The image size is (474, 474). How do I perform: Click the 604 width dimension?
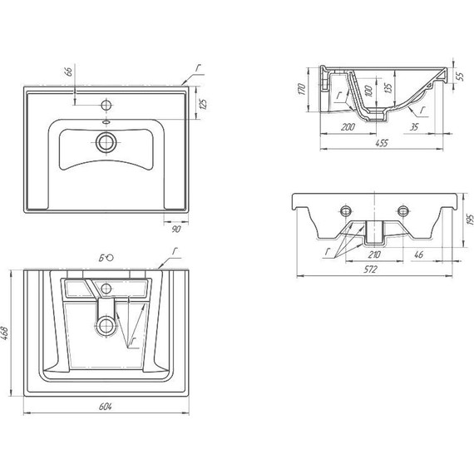pos(106,407)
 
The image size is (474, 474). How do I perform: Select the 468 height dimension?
pos(6,333)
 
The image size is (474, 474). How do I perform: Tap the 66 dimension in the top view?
pos(69,72)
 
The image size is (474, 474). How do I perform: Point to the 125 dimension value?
pos(204,104)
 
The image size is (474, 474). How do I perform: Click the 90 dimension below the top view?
pos(176,229)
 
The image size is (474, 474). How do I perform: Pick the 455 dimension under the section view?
pos(382,143)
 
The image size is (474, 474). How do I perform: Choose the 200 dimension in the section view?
pos(348,126)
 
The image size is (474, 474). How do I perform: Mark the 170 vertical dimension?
pos(302,89)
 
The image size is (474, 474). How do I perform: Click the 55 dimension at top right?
pos(461,77)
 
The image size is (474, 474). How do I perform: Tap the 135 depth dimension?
pos(388,87)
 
